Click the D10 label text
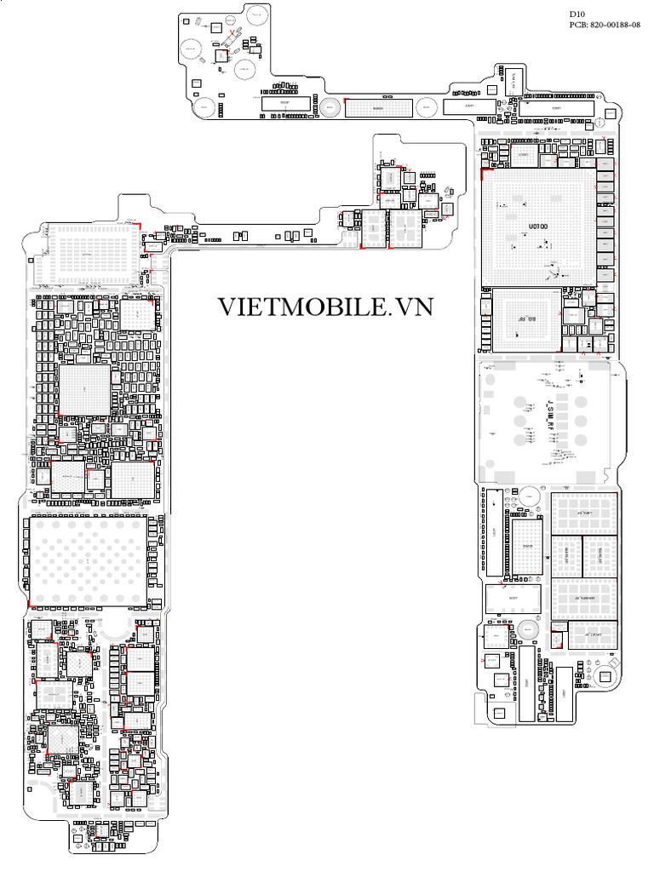coord(577,14)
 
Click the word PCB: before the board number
coord(580,26)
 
